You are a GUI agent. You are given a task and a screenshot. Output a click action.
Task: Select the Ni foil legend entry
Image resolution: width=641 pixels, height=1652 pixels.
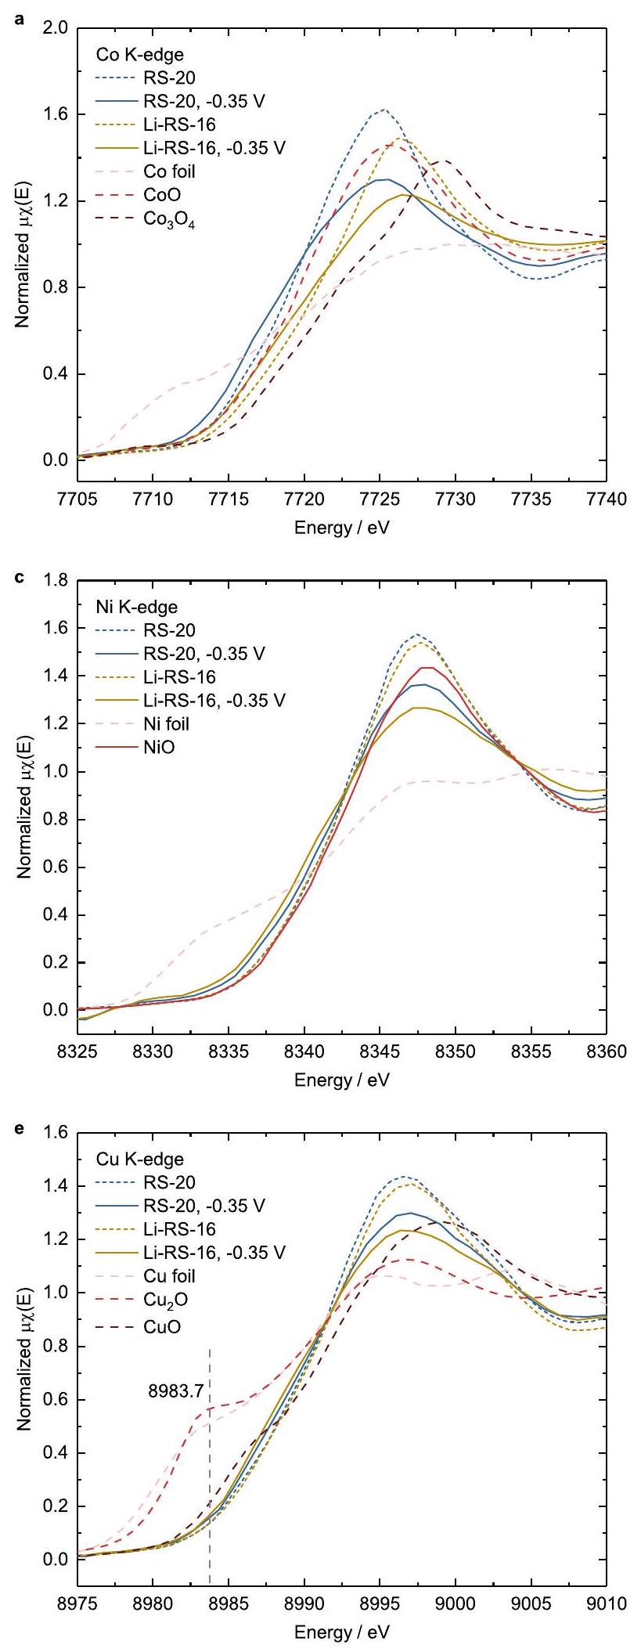click(x=166, y=723)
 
